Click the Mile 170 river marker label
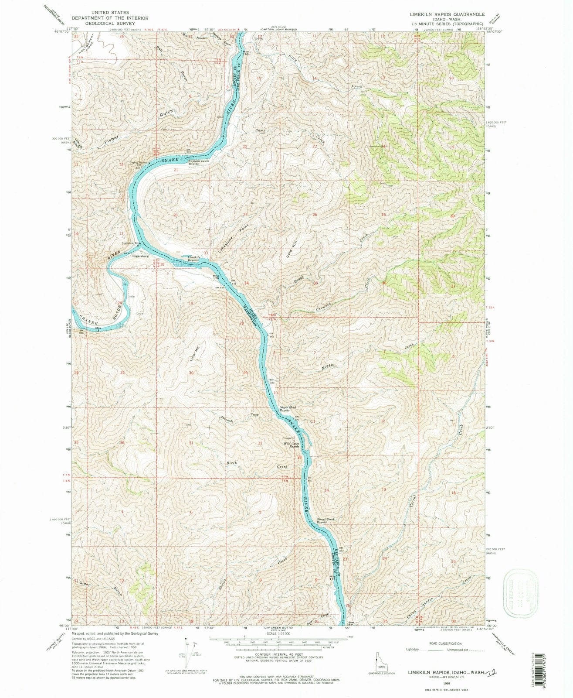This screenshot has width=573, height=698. click(x=216, y=277)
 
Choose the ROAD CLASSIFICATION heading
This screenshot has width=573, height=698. click(x=444, y=643)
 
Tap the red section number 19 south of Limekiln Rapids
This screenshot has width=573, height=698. click(x=190, y=303)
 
